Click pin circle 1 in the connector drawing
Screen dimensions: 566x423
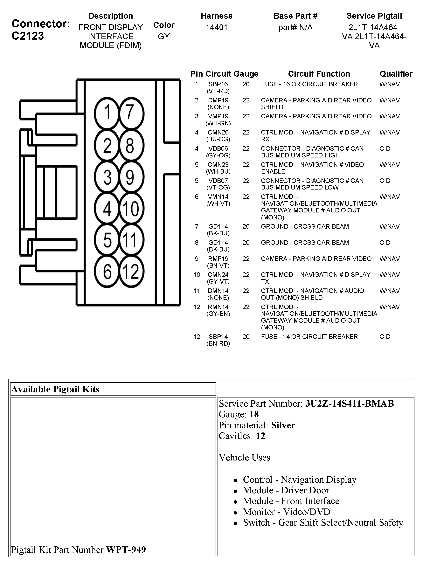tap(107, 113)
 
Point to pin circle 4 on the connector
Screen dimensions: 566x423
tap(107, 209)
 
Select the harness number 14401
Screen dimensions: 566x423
tap(217, 27)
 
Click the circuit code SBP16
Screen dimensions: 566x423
tap(218, 84)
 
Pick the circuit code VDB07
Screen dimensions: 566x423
tap(218, 181)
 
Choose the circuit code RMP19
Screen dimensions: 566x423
tap(218, 259)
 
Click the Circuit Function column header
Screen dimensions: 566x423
tap(319, 74)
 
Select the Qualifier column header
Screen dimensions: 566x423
tap(396, 74)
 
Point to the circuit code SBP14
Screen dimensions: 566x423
tap(218, 336)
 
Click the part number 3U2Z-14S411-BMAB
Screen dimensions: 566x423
tap(349, 404)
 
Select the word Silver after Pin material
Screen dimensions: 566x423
tap(283, 425)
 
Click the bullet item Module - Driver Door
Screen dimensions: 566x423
tap(286, 490)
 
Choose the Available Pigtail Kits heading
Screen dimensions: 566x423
tap(55, 389)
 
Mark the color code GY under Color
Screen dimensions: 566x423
tap(164, 37)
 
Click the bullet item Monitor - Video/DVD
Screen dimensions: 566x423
tap(286, 512)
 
